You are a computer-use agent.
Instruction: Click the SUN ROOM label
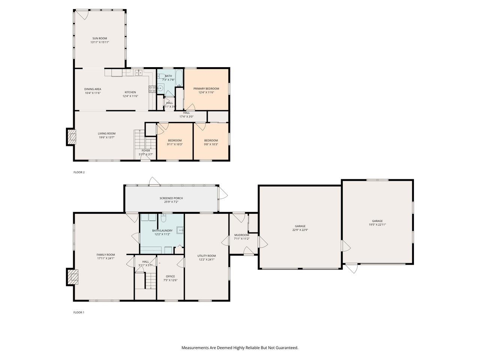pos(99,38)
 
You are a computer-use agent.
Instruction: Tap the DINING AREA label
pos(93,89)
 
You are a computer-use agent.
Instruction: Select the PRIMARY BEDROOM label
pos(206,89)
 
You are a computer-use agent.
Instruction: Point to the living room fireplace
pos(71,137)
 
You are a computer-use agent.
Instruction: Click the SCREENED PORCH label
pos(171,198)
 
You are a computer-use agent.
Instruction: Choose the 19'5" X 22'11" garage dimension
pos(377,225)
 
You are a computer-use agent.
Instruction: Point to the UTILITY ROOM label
pos(207,256)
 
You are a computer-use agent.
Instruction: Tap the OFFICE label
pos(170,276)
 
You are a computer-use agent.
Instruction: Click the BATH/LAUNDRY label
pos(162,231)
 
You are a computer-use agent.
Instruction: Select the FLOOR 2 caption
pos(79,172)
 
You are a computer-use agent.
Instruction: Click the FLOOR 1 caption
pos(79,312)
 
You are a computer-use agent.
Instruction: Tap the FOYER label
pos(146,151)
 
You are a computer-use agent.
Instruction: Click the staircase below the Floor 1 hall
pos(150,281)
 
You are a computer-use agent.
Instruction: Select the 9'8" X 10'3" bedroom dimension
pos(211,144)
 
